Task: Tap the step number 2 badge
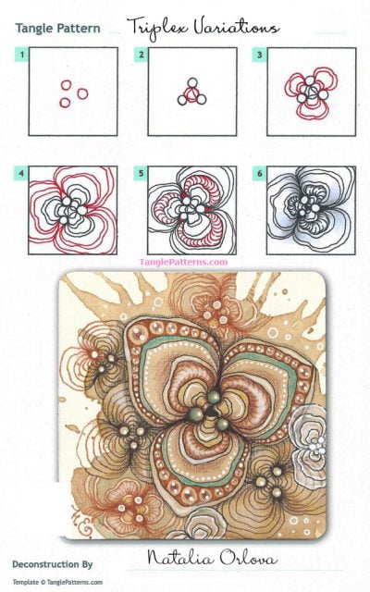click(x=142, y=55)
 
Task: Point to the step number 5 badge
click(x=142, y=172)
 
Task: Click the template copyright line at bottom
click(x=60, y=581)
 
